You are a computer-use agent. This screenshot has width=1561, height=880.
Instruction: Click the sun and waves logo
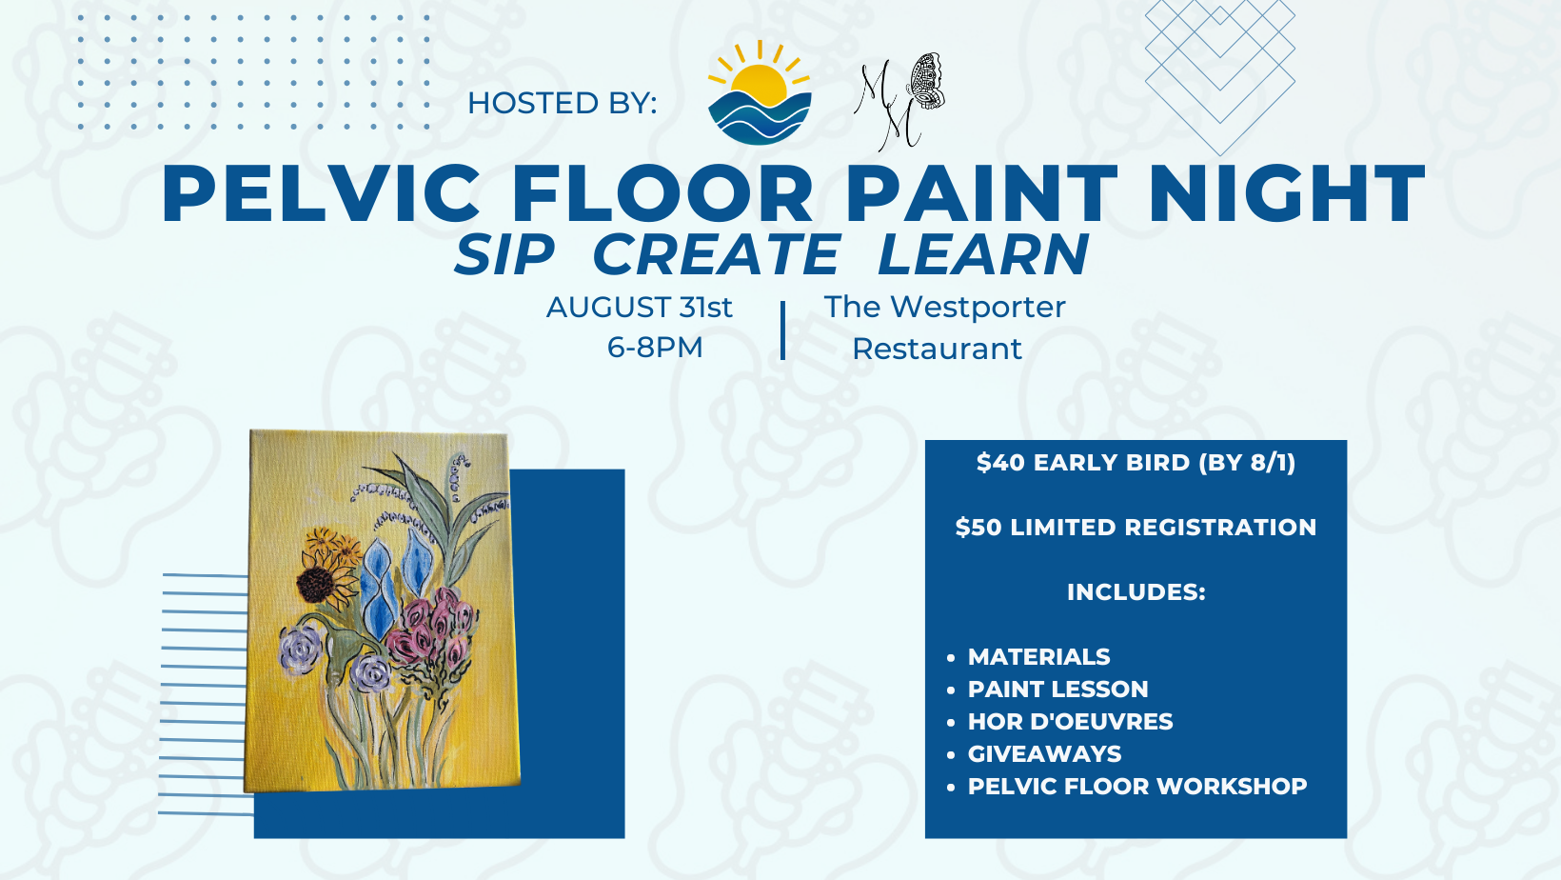pos(760,93)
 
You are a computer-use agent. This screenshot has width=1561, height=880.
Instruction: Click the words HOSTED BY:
pos(562,103)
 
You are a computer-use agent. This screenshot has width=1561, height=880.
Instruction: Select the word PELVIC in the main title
pos(322,194)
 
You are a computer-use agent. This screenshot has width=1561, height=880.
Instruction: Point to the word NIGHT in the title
pos(1287,194)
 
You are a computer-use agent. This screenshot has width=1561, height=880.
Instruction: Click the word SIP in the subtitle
pos(504,255)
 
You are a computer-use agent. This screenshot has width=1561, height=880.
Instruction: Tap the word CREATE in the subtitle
pos(716,255)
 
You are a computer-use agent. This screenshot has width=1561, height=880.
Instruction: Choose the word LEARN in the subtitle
pos(982,255)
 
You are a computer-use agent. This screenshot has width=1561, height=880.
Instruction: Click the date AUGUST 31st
pos(639,308)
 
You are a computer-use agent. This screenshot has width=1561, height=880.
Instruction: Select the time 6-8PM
pos(655,348)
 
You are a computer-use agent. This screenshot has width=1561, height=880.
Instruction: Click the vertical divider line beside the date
pos(782,330)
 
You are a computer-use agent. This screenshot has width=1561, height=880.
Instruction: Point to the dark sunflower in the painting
pos(314,583)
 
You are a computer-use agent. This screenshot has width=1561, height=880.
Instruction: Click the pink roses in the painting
pos(436,629)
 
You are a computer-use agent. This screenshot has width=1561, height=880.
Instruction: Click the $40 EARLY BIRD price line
pos(1136,463)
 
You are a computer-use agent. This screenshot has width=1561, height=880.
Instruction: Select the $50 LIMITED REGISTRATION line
pos(1136,528)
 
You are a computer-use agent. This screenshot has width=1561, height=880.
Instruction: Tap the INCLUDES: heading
pos(1136,592)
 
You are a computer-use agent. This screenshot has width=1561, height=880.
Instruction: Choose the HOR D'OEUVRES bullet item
pos(1070,722)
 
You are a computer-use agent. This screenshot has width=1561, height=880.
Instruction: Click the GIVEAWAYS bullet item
pos(1044,754)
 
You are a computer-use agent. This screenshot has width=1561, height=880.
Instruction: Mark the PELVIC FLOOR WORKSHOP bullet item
pos(1137,787)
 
